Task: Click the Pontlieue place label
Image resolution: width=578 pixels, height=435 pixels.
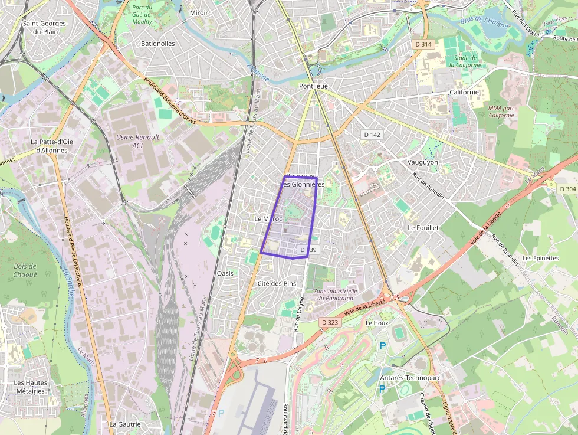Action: point(313,86)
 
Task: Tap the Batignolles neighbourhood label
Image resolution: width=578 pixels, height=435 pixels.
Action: point(157,44)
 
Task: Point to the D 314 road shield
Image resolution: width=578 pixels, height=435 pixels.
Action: point(423,44)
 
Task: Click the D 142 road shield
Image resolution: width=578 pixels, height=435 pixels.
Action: point(372,135)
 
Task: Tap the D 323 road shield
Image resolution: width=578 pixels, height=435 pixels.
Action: point(330,323)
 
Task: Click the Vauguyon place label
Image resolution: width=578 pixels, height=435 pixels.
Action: point(423,162)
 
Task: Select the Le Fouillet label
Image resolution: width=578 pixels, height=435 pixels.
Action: point(423,227)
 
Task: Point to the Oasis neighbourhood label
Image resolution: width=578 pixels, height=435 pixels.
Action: point(225,273)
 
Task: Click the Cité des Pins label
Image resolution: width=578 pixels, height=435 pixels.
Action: point(277,284)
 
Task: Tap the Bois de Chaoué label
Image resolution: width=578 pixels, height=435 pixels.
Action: point(25,270)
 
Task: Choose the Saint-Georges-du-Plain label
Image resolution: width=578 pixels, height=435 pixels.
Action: point(45,28)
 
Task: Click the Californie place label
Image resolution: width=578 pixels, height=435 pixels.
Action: point(464,92)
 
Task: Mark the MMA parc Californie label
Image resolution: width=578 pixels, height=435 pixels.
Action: point(502,112)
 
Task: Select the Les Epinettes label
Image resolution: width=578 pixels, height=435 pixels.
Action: point(540,258)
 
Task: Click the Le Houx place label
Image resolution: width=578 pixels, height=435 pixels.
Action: point(377,323)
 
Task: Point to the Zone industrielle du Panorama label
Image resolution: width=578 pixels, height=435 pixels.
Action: point(336,295)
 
